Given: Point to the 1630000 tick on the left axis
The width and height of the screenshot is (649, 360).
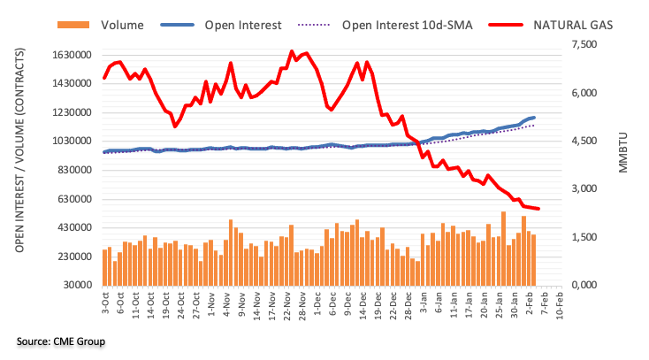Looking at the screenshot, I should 73,55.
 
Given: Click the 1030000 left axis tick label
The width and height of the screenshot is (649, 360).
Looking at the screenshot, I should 73,142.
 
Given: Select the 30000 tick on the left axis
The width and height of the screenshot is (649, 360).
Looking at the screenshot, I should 78,286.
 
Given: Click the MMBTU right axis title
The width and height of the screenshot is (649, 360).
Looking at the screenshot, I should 622,153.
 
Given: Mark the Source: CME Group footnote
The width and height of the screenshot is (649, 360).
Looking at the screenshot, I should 60,341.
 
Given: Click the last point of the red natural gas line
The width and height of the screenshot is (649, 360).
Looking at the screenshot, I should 538,209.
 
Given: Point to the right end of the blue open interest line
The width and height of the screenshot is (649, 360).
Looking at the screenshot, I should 533,118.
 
